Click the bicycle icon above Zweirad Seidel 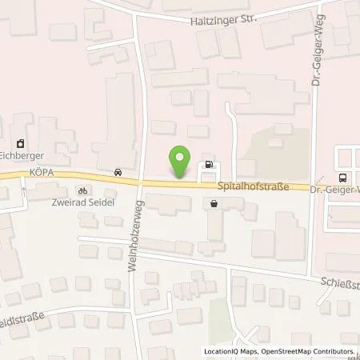(x=82, y=190)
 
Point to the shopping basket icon (x=214, y=203)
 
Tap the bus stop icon (x=342, y=178)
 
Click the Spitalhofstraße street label (x=252, y=186)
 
